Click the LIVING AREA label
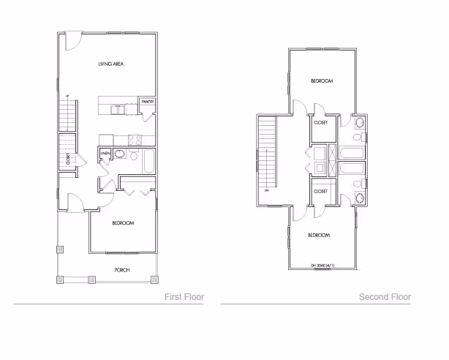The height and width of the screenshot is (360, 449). [x=109, y=64]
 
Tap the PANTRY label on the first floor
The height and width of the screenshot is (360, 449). [x=148, y=101]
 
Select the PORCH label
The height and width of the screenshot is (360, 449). [x=122, y=270]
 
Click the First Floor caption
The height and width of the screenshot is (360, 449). [x=184, y=297]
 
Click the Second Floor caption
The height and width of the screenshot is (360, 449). [x=385, y=297]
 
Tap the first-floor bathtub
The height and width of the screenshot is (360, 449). [x=148, y=161]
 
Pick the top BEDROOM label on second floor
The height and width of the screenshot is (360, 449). [x=321, y=80]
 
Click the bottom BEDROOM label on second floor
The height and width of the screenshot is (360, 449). [x=318, y=235]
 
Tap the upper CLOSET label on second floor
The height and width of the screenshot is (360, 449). [x=320, y=123]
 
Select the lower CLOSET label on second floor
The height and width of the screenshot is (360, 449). [x=320, y=191]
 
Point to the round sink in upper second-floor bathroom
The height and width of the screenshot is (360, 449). [x=358, y=137]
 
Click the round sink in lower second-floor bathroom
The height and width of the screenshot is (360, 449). [x=358, y=198]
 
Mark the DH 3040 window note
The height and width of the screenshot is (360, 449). [x=322, y=265]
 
